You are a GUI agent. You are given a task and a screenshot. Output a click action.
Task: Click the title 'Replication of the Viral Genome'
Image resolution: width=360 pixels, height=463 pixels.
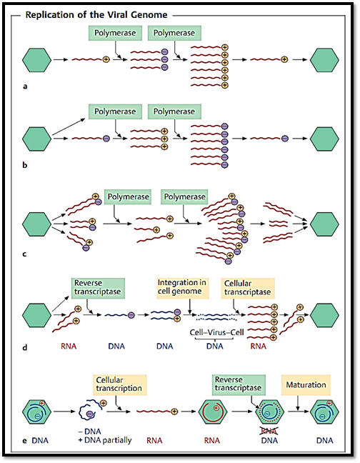click(96, 15)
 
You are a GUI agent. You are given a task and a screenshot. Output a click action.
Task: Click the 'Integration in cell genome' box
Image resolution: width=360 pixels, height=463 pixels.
click(183, 288)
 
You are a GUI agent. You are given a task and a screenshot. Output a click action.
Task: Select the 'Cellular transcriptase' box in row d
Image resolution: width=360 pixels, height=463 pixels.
click(248, 288)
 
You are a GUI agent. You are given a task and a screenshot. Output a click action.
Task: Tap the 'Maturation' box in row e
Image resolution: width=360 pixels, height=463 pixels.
click(306, 385)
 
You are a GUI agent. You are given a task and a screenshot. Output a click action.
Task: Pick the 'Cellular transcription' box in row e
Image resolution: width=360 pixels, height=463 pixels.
click(120, 385)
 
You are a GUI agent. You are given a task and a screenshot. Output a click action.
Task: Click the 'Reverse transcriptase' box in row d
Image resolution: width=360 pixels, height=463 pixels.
click(98, 288)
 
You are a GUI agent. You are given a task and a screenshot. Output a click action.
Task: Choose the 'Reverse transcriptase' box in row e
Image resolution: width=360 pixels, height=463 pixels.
click(239, 385)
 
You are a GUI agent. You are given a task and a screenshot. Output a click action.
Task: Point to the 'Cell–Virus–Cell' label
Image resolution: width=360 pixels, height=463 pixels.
click(216, 332)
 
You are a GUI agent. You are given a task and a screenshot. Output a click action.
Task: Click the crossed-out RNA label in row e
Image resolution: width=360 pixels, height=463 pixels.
click(269, 431)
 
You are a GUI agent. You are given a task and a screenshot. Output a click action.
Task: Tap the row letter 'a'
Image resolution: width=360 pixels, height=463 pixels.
click(25, 86)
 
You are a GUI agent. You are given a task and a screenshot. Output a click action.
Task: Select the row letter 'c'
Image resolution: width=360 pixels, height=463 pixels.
click(25, 254)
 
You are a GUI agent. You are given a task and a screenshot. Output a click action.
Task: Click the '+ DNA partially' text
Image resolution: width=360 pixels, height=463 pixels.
click(105, 440)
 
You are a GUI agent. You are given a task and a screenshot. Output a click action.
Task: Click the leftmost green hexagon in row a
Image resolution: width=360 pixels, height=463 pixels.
click(37, 60)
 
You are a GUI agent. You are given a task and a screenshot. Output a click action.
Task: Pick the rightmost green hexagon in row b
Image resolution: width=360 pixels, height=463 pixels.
click(324, 139)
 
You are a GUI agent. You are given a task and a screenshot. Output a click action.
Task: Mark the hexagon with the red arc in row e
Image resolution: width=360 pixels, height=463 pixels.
click(212, 412)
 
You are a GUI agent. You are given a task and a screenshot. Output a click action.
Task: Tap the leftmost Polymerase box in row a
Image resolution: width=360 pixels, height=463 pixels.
click(115, 33)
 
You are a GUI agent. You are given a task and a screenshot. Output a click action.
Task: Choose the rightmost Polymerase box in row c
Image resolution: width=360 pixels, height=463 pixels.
click(184, 197)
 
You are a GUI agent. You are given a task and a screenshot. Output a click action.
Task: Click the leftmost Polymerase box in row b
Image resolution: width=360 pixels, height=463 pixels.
click(115, 111)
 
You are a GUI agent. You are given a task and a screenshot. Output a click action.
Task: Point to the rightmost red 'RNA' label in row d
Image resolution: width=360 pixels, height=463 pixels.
click(258, 346)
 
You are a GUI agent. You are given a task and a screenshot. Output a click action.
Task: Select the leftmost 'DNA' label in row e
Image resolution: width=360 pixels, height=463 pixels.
click(40, 441)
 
